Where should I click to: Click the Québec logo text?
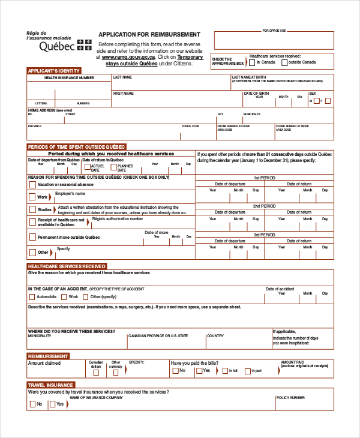click(57, 46)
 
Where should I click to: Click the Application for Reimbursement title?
click(149, 35)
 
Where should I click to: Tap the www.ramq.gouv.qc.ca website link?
click(130, 57)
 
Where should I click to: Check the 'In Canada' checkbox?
click(253, 62)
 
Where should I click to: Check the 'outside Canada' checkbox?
click(284, 62)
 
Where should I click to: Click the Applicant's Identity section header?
click(54, 71)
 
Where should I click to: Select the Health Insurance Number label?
click(69, 78)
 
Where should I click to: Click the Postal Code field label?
click(190, 126)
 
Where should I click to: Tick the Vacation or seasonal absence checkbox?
click(32, 185)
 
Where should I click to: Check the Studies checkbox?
click(32, 209)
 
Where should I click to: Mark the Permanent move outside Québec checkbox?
click(32, 237)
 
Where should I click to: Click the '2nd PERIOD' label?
click(264, 206)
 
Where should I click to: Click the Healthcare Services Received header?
click(67, 266)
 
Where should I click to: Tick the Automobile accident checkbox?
click(31, 297)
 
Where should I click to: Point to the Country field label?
click(215, 336)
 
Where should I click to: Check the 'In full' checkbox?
click(224, 371)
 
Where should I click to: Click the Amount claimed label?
click(44, 363)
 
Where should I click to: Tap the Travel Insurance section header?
click(51, 385)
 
